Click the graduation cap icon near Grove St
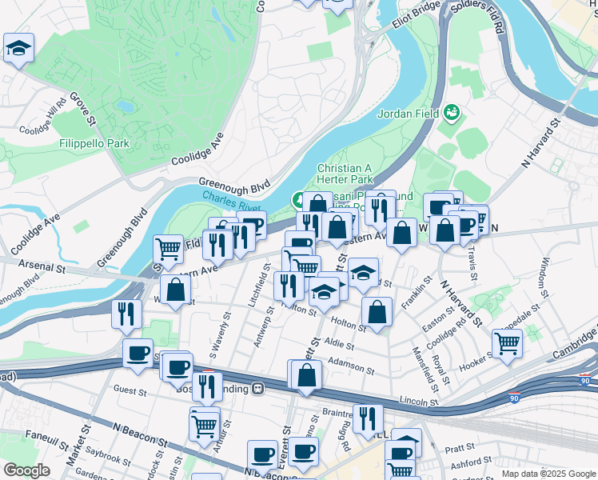[x=18, y=48]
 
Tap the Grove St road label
[x=82, y=109]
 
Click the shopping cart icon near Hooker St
[x=507, y=343]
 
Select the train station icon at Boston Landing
[x=258, y=389]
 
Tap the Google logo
[x=26, y=470]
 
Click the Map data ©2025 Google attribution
[x=548, y=474]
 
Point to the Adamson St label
[x=352, y=366]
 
